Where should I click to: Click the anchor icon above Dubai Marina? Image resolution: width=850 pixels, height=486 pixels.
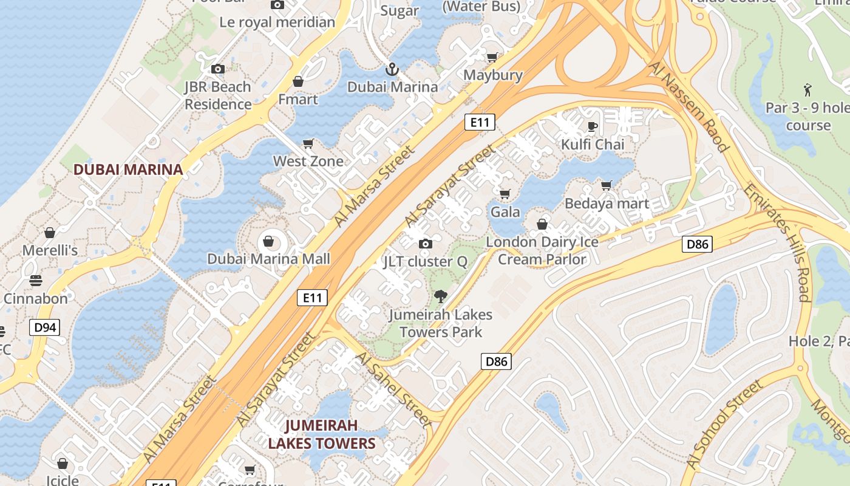click(x=392, y=69)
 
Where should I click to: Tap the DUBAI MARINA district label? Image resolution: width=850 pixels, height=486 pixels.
click(x=128, y=169)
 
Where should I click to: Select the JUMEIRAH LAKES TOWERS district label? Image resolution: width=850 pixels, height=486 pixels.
click(x=322, y=434)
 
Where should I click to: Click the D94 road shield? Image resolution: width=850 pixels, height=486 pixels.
click(x=45, y=328)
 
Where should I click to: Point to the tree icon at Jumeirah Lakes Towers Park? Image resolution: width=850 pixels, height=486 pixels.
click(x=441, y=297)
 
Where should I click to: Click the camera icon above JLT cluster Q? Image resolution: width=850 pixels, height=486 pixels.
click(x=426, y=244)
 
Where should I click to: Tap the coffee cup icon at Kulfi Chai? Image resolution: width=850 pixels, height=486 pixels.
click(x=592, y=126)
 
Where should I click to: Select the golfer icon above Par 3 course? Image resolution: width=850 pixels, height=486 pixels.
click(x=807, y=91)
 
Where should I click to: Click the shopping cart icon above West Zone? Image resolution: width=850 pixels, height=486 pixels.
click(x=308, y=144)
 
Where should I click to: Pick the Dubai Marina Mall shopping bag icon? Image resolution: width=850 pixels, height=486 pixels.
click(x=268, y=242)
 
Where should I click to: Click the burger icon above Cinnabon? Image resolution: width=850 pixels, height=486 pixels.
click(x=36, y=281)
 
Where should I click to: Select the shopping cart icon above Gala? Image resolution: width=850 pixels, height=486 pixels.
click(x=505, y=194)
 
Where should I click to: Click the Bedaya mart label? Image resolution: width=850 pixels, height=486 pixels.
click(x=607, y=204)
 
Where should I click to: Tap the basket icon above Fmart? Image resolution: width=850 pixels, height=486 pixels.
click(x=298, y=81)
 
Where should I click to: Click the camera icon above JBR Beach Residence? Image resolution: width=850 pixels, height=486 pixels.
click(x=217, y=69)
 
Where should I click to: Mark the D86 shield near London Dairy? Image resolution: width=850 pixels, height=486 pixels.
click(x=696, y=244)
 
